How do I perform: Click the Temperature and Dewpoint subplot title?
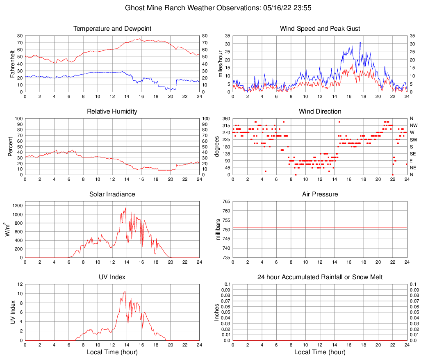(112, 29)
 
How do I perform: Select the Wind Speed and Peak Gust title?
(320, 29)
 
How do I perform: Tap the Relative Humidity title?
(112, 112)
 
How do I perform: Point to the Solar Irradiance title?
(112, 194)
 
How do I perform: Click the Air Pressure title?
(320, 194)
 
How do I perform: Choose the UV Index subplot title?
(112, 277)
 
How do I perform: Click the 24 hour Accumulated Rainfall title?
(320, 277)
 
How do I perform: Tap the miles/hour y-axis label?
(220, 64)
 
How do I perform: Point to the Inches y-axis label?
(217, 312)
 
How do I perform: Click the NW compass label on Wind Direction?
(413, 125)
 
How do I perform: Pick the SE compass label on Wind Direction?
(413, 154)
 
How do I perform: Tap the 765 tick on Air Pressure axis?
(226, 202)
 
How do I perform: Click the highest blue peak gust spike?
(360, 42)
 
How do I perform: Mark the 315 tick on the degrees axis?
(226, 125)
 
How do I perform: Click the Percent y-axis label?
(11, 147)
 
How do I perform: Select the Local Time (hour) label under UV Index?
(112, 352)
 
